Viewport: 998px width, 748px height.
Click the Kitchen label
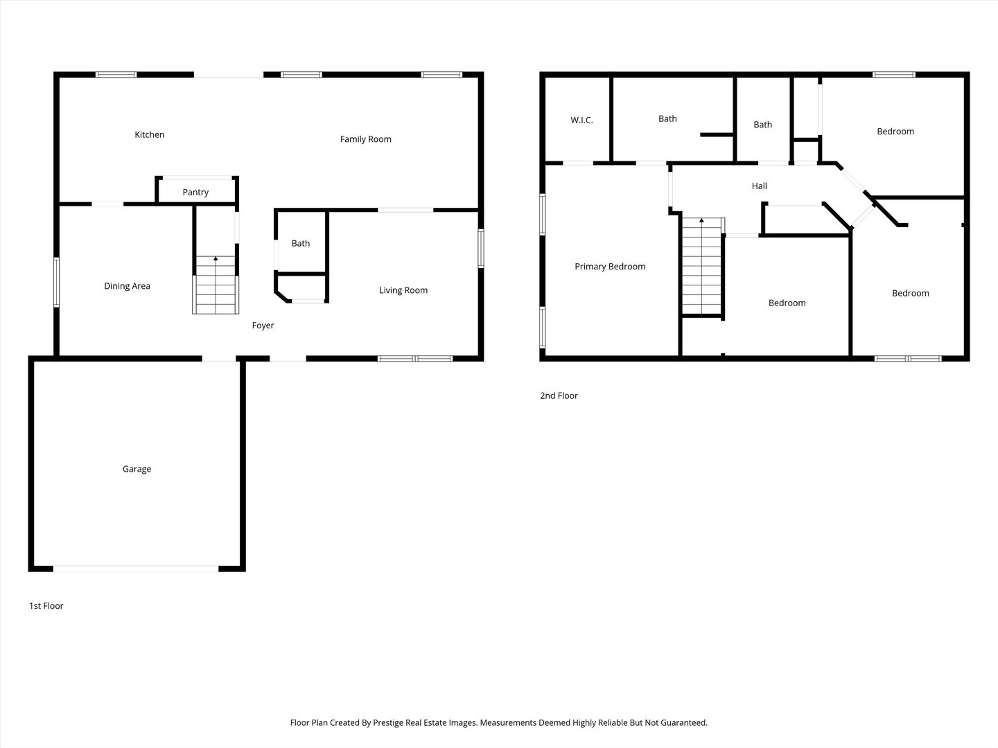[x=149, y=134]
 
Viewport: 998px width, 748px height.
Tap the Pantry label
[x=195, y=192]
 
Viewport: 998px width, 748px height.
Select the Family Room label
[x=365, y=139]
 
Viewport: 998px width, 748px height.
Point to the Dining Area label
[x=127, y=285]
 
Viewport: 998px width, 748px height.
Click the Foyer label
[x=263, y=326]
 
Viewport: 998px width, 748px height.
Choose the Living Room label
[x=403, y=290]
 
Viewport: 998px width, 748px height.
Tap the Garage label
[x=137, y=469]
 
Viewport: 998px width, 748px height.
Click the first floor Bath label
[x=301, y=243]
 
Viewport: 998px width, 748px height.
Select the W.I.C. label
[x=581, y=120]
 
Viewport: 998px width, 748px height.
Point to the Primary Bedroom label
[x=610, y=267]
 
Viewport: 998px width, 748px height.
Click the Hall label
[x=760, y=186]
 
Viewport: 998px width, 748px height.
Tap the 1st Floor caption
[x=46, y=605]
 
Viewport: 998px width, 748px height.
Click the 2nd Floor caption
[x=559, y=395]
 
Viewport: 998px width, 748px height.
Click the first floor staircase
[x=216, y=285]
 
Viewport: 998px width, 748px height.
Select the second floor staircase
[x=701, y=266]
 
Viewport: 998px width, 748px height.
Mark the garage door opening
[x=136, y=569]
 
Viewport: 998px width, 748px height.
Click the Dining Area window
[x=56, y=283]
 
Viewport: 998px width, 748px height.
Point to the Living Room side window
[x=480, y=249]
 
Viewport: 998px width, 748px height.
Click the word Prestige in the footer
[x=388, y=722]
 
